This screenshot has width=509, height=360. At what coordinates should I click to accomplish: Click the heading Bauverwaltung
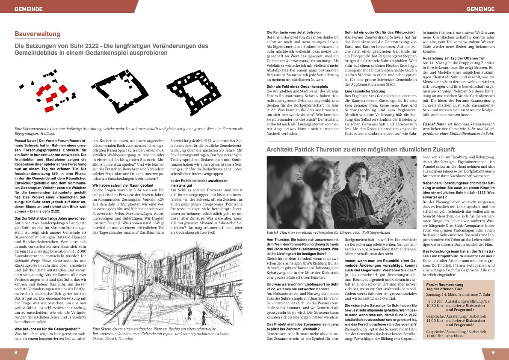click(38, 34)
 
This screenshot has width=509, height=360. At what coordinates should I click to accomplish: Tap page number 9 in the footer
click(493, 353)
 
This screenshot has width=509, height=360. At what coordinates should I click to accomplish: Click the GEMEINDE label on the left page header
click(29, 9)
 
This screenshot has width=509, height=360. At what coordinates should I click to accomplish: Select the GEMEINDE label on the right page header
click(480, 9)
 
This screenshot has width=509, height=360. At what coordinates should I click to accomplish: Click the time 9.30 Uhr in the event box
click(433, 301)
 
